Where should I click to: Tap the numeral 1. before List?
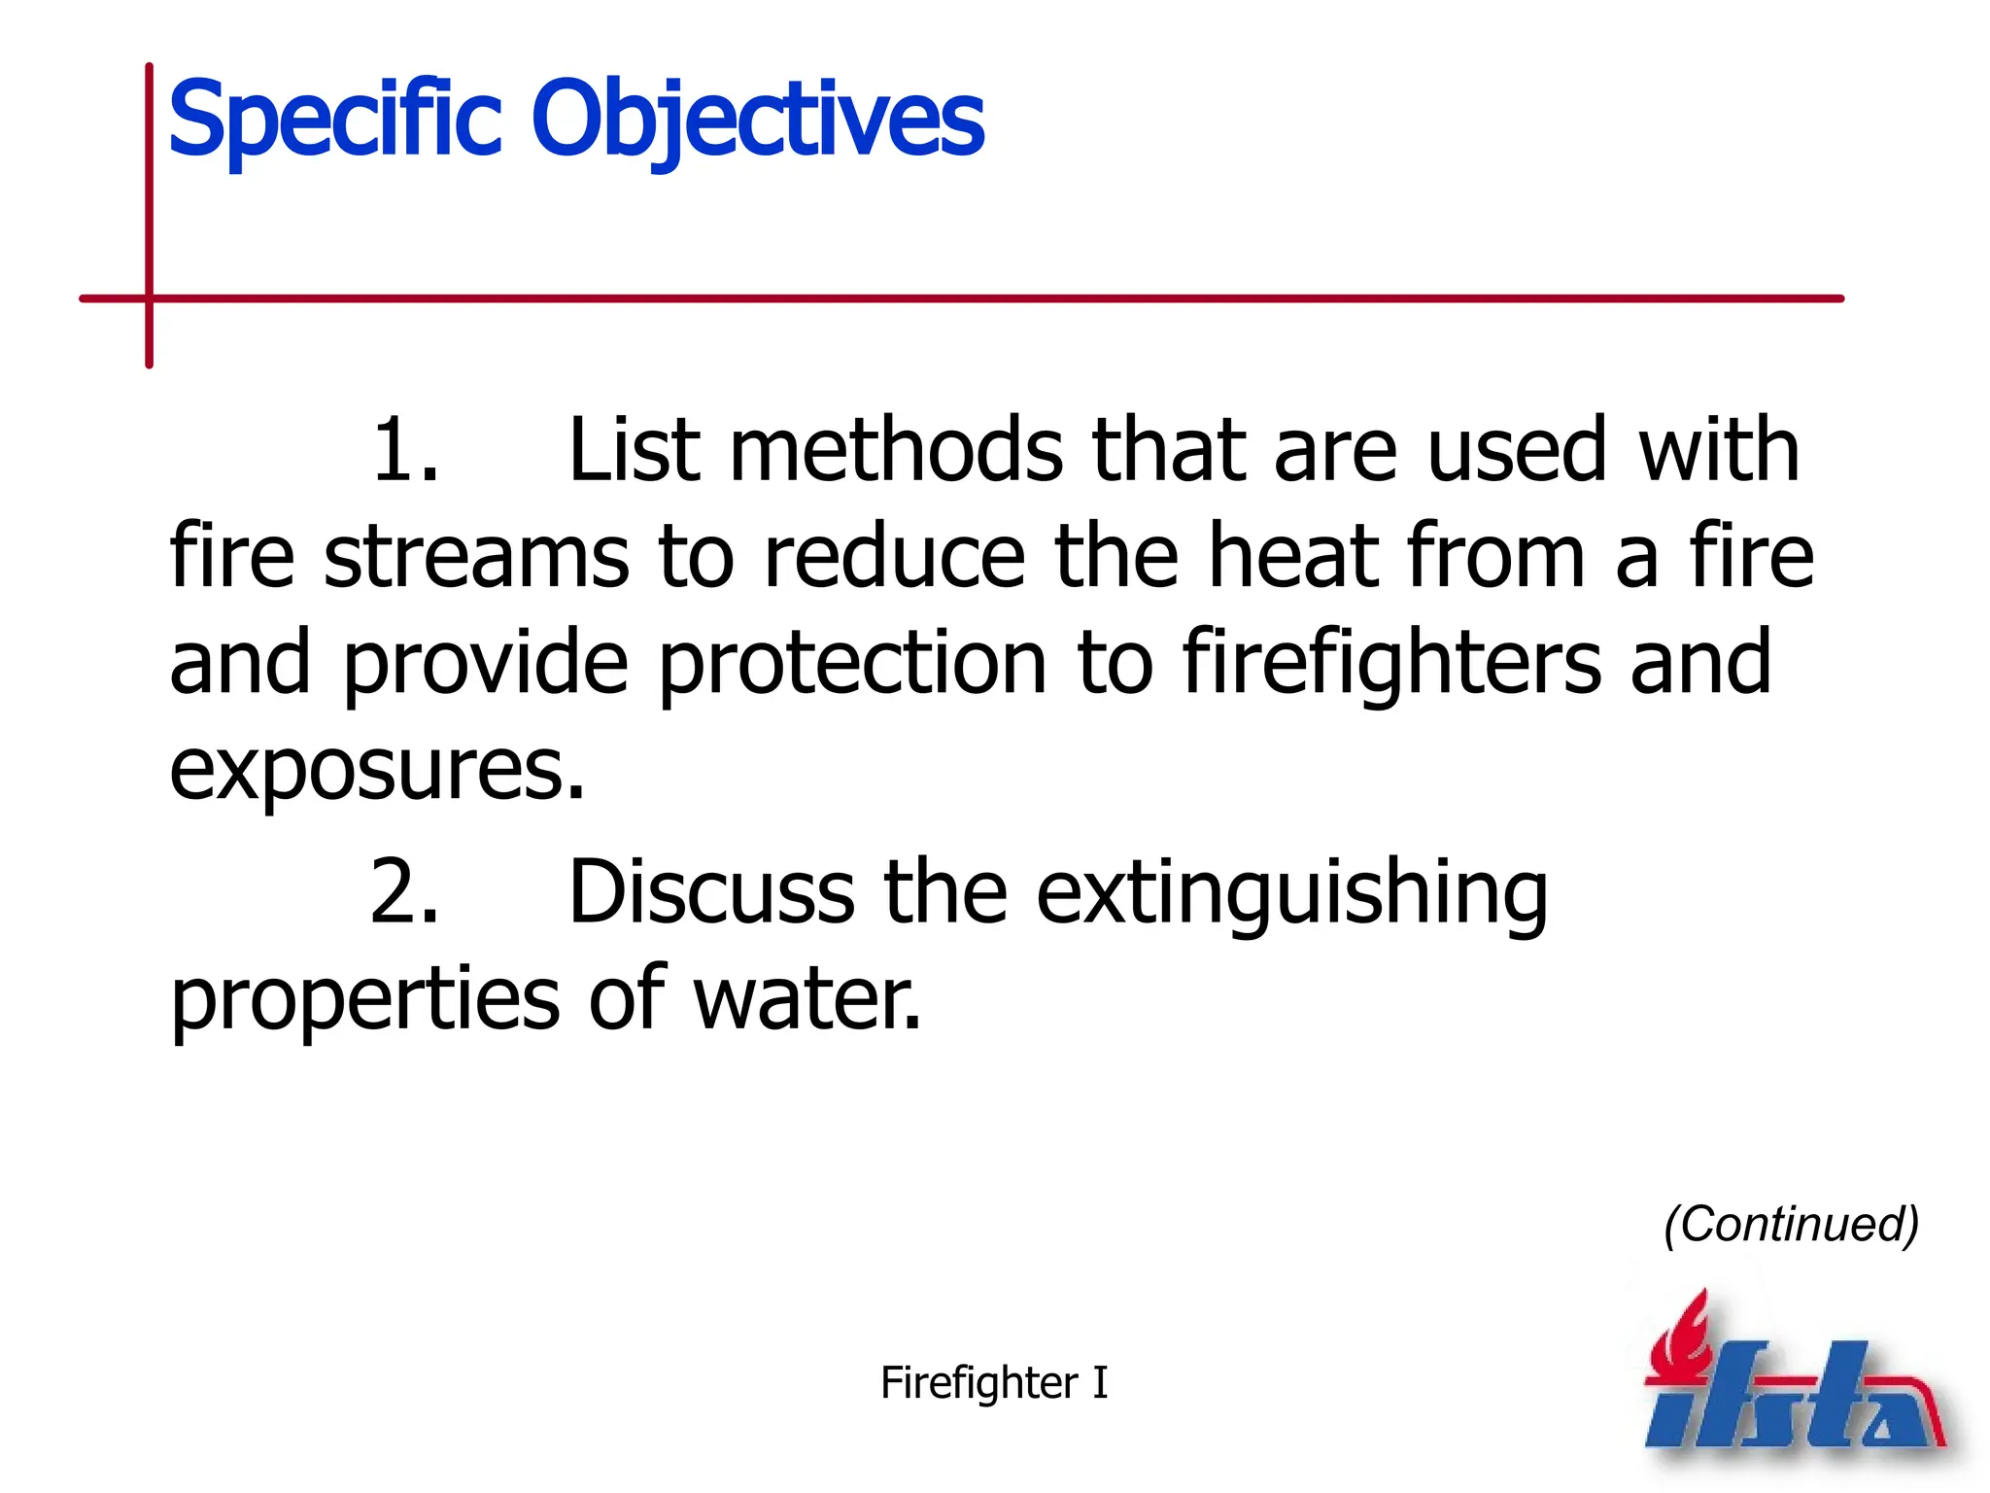click(405, 450)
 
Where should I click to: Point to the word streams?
click(476, 557)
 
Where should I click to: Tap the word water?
click(806, 999)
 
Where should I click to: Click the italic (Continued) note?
click(1791, 1224)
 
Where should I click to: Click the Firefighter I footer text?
click(993, 1382)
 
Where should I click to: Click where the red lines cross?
click(150, 298)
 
